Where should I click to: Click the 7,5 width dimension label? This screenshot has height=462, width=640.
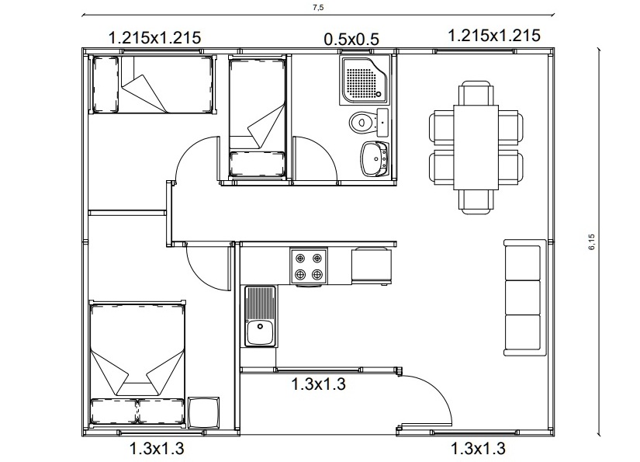[318, 7]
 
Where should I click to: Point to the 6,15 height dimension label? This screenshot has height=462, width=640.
[592, 241]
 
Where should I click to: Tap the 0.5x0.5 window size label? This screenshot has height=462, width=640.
[351, 40]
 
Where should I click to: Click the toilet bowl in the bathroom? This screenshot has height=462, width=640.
[362, 122]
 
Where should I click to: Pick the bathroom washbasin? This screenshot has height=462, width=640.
[374, 159]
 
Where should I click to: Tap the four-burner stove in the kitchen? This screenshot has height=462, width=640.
[309, 266]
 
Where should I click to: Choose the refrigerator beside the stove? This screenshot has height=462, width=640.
[372, 265]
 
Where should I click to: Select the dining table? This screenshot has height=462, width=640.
[476, 148]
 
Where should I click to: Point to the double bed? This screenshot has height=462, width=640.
[137, 363]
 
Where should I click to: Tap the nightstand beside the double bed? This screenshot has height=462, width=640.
[204, 412]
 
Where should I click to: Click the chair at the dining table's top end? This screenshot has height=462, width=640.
[476, 93]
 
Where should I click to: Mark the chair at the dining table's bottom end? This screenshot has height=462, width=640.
[476, 202]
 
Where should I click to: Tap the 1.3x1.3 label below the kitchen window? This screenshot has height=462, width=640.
[318, 384]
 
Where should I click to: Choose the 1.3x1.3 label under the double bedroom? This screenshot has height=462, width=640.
[157, 449]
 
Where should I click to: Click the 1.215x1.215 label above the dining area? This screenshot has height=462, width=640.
[494, 36]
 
